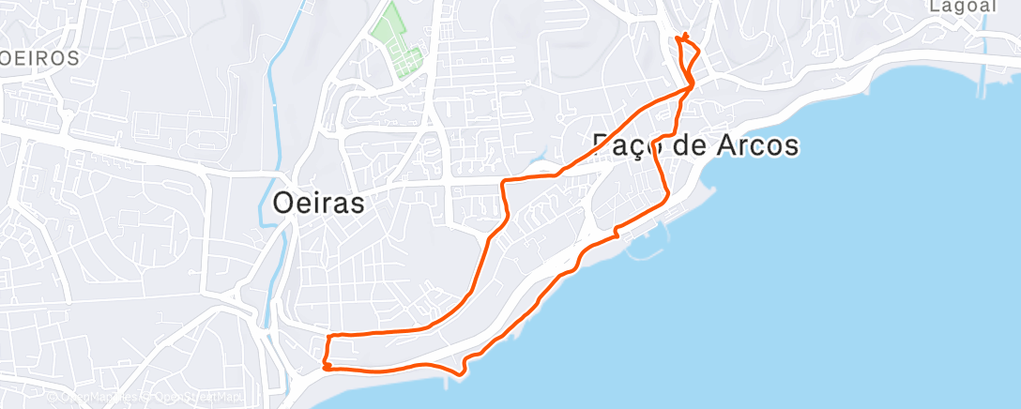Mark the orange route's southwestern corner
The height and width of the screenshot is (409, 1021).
pos(325,367)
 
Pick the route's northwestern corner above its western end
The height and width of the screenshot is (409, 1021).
pos(328,335)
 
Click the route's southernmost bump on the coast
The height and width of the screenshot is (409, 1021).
pos(461,373)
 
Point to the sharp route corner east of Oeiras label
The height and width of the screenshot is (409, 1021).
pos(504,180)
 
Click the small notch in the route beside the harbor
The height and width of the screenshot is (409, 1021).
pos(616,231)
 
